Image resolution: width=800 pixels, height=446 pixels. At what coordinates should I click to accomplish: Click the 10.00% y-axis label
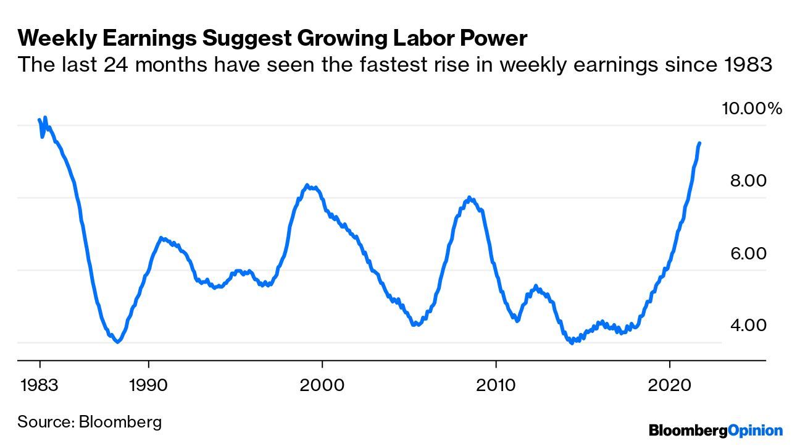(752, 109)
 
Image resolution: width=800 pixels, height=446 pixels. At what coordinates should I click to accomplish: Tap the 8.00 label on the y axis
(748, 181)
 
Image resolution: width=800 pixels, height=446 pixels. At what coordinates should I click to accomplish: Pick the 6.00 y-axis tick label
(748, 253)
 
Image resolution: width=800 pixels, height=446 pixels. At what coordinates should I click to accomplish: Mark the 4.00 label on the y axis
(748, 325)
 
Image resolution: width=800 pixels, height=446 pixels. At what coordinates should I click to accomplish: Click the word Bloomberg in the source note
(120, 423)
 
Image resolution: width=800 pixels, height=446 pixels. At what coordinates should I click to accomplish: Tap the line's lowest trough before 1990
(117, 342)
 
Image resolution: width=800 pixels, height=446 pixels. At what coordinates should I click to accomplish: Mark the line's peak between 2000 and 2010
(470, 198)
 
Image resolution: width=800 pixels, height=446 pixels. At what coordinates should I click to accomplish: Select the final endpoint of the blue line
(699, 143)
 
